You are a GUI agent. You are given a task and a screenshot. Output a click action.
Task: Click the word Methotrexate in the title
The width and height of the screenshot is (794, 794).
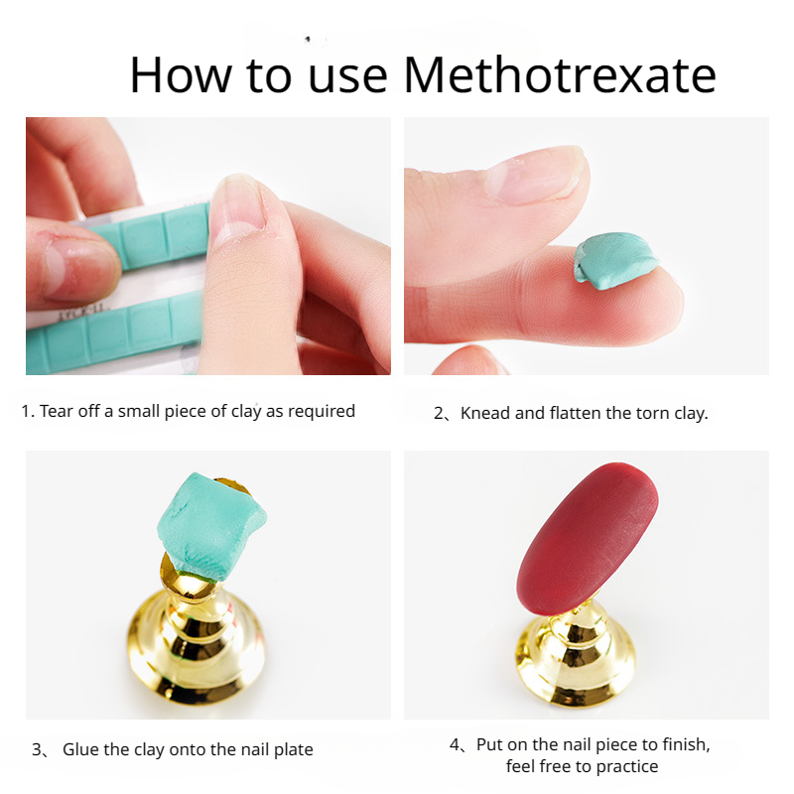click(560, 74)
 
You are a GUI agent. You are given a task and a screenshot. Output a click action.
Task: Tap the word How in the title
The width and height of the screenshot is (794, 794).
click(181, 74)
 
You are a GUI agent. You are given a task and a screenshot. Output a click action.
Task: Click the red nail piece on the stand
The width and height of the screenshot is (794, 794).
click(588, 538)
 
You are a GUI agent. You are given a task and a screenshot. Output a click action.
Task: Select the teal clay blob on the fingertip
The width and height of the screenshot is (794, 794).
click(615, 260)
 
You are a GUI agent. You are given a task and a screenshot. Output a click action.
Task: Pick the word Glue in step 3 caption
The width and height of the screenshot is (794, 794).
click(80, 749)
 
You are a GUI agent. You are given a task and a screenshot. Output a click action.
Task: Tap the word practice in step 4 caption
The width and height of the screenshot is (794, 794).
click(627, 766)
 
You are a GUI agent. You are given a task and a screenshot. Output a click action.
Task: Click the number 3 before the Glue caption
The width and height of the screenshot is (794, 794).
click(37, 749)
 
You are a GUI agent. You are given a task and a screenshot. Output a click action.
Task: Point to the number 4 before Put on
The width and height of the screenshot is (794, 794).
click(455, 745)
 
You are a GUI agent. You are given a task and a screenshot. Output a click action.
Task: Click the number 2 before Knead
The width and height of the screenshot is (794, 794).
click(439, 413)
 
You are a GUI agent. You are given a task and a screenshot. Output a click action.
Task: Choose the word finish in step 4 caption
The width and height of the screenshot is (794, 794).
click(683, 745)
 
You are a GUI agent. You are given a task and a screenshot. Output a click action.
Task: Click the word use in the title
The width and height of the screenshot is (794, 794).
click(348, 78)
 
